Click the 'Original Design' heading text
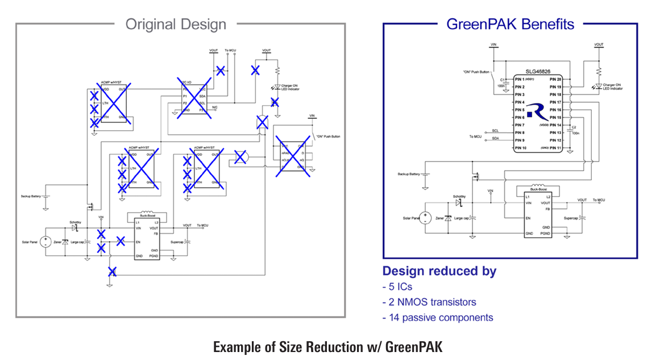[176, 24]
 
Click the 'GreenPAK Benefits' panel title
[510, 24]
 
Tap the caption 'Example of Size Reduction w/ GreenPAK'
[323, 346]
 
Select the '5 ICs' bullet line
[397, 287]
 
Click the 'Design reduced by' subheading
[439, 271]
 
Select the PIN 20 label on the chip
[555, 79]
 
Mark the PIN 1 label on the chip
[520, 79]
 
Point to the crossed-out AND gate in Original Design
[240, 158]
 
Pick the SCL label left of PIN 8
[495, 131]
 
